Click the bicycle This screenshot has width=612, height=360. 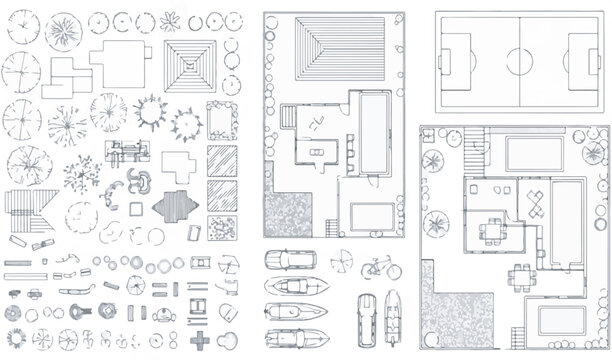click(380, 267)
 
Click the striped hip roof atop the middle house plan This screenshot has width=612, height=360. click(332, 50)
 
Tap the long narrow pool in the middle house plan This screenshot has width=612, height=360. click(376, 130)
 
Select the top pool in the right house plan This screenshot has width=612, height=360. click(535, 153)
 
